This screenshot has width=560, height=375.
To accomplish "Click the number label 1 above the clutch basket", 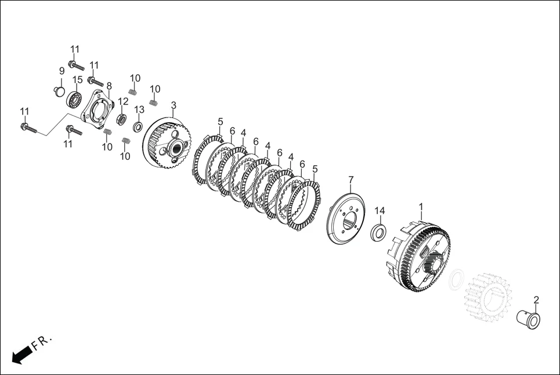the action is pos(421,207).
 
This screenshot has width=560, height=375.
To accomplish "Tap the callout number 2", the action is pos(536,299).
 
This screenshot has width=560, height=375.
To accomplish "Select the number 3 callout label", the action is pos(174,105).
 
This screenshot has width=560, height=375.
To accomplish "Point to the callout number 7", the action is pos(351,179).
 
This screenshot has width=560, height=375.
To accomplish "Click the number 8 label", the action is pos(109,86).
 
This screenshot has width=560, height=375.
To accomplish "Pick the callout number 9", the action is pos(62,71).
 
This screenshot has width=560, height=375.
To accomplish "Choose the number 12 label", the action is pos(123,101).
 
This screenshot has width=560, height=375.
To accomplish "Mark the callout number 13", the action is pos(139,109).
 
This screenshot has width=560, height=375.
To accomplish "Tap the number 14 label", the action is pos(380,210).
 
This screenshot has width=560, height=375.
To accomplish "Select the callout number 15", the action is pos(78,80).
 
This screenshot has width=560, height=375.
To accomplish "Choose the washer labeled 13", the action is pos(138,126).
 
